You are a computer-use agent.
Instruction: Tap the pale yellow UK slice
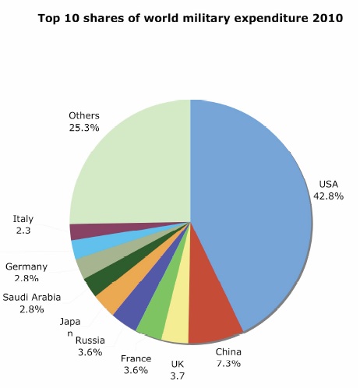[176, 327]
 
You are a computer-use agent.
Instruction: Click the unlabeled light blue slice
[79, 248]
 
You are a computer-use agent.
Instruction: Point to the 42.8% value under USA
[328, 196]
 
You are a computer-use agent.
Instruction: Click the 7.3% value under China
[228, 364]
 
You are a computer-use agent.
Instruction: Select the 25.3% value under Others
[83, 128]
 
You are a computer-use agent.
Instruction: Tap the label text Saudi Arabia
[32, 297]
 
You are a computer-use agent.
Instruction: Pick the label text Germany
[26, 267]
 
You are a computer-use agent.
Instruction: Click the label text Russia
[90, 340]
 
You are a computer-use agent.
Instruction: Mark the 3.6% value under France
[136, 371]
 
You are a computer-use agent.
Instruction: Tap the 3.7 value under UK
[178, 376]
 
